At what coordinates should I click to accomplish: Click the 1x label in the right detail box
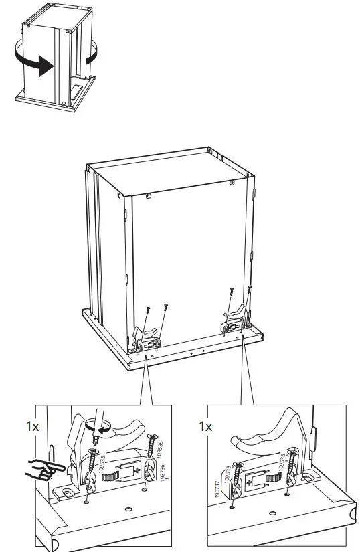[x=206, y=426]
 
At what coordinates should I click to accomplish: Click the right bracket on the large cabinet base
[x=234, y=321]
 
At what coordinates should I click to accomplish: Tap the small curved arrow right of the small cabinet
[x=90, y=52]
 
